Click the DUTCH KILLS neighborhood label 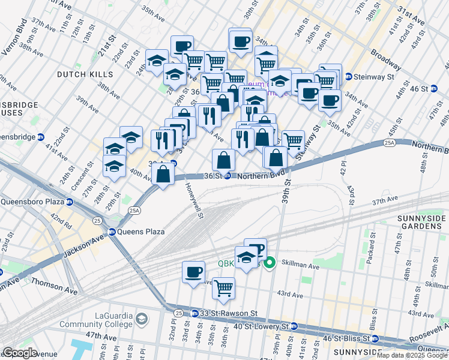85,74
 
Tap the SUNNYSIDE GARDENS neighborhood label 418,222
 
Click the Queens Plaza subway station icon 112,232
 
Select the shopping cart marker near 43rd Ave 223,287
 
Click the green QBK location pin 270,262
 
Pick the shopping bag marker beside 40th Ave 163,174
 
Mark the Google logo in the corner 20,353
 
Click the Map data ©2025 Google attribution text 412,355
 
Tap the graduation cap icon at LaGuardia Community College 142,319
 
